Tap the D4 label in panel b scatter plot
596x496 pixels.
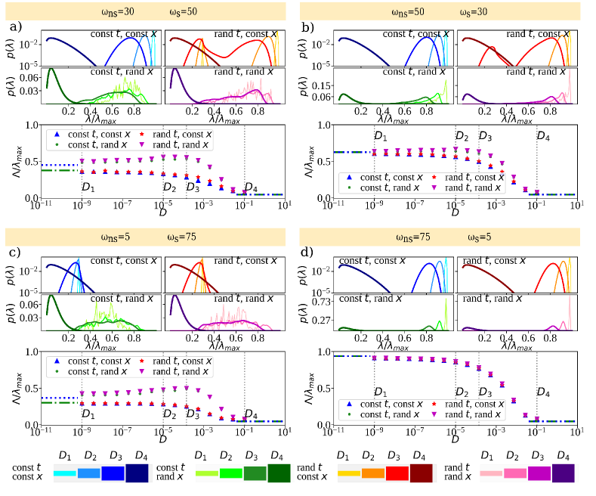coord(543,137)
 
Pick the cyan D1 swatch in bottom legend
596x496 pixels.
coord(66,473)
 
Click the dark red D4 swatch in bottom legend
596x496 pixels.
coord(422,473)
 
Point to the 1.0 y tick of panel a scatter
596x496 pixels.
coord(29,126)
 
